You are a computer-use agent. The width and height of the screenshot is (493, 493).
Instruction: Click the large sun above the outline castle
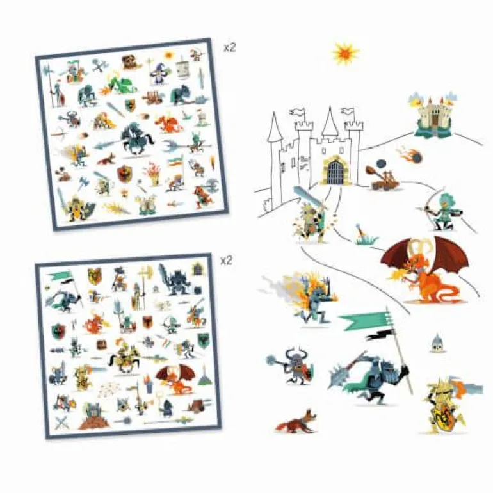coord(346,54)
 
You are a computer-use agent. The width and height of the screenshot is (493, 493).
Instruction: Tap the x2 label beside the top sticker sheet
coord(229,48)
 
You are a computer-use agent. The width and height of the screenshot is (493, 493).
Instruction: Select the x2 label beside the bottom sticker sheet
coord(226,261)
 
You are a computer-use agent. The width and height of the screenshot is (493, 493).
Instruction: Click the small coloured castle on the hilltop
coord(432,115)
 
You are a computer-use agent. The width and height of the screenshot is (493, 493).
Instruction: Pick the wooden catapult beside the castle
coord(382,176)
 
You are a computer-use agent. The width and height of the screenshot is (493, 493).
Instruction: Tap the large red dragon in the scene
coord(424,269)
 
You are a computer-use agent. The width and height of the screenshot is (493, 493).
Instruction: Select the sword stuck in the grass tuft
coord(366,235)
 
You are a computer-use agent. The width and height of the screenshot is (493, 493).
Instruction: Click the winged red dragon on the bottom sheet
coord(176,379)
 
